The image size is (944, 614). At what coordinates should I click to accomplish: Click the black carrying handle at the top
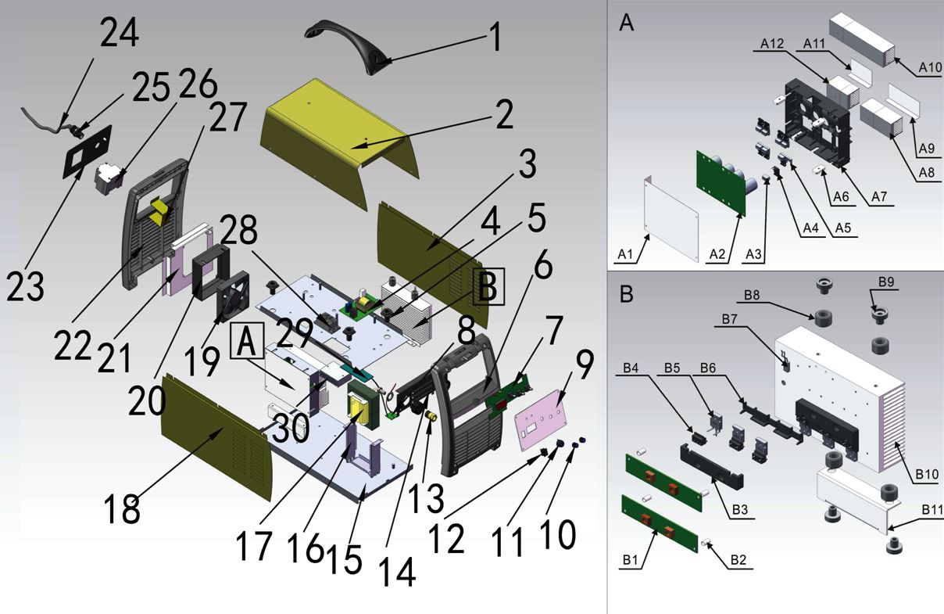344,43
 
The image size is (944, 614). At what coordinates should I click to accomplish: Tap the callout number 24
118,34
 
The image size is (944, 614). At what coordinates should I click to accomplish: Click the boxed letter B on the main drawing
487,287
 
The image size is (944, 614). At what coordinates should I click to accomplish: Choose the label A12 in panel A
771,45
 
